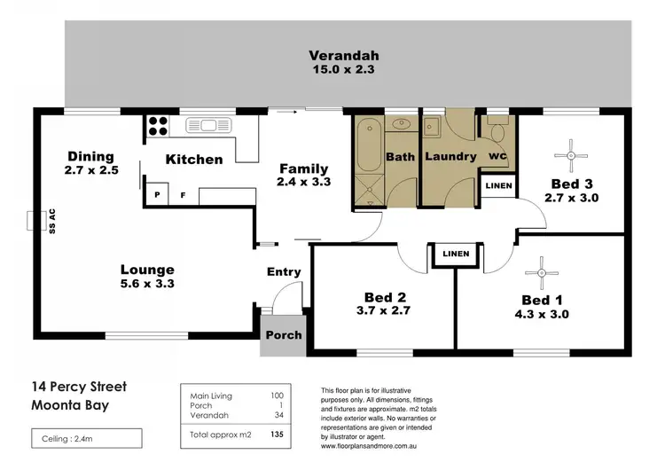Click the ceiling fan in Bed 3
tap(571, 155)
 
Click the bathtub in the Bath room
tap(367, 156)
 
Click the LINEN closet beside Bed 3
tap(498, 185)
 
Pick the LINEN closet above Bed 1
tap(455, 254)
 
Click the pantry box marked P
tap(157, 194)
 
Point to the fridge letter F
tap(184, 194)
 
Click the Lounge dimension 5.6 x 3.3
tap(148, 286)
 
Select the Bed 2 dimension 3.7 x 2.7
tap(385, 311)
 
